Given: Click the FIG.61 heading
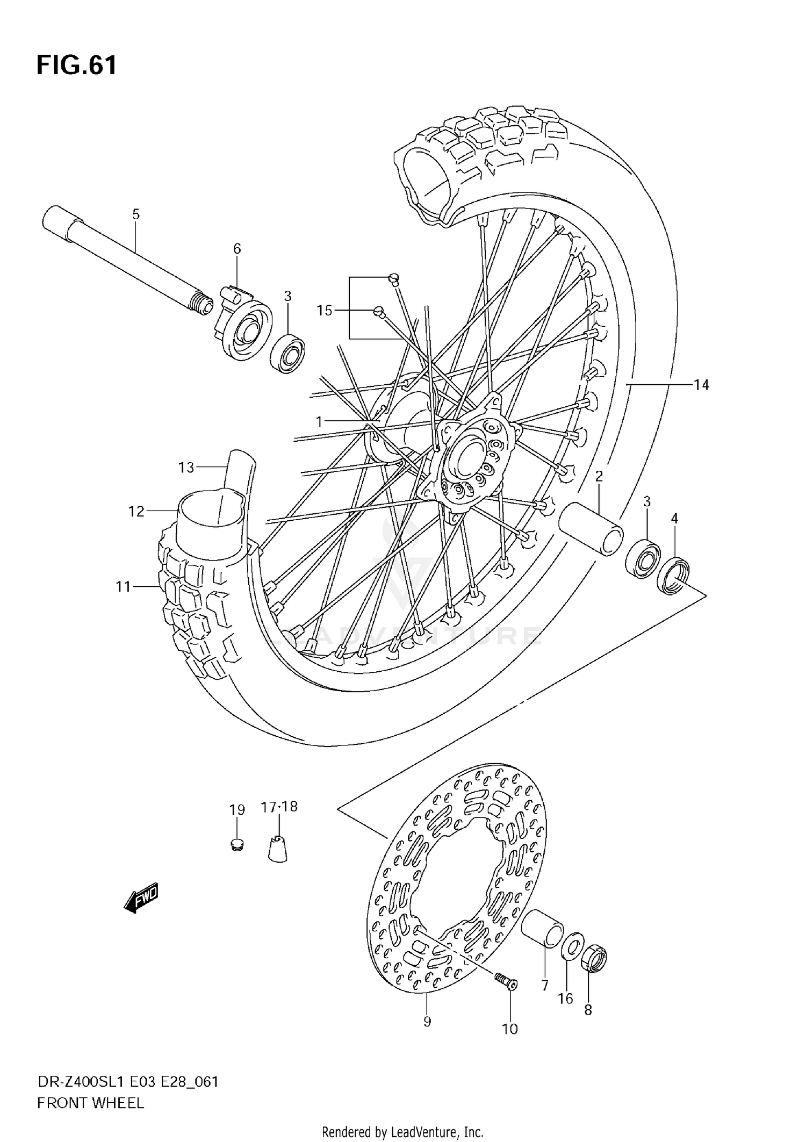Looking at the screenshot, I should pos(76,66).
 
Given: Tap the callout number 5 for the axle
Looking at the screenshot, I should pos(135,214).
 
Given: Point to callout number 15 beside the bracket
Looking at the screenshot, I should pos(324,310).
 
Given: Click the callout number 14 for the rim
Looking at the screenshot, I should pos(701,385).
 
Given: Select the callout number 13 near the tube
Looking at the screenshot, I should pos(186,468).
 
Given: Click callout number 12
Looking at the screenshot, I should pos(136,511).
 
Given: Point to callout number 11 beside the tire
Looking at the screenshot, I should pos(124,586).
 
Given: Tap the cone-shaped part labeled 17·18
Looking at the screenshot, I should pos(277,849).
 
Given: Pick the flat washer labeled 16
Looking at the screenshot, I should pos(572,950).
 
